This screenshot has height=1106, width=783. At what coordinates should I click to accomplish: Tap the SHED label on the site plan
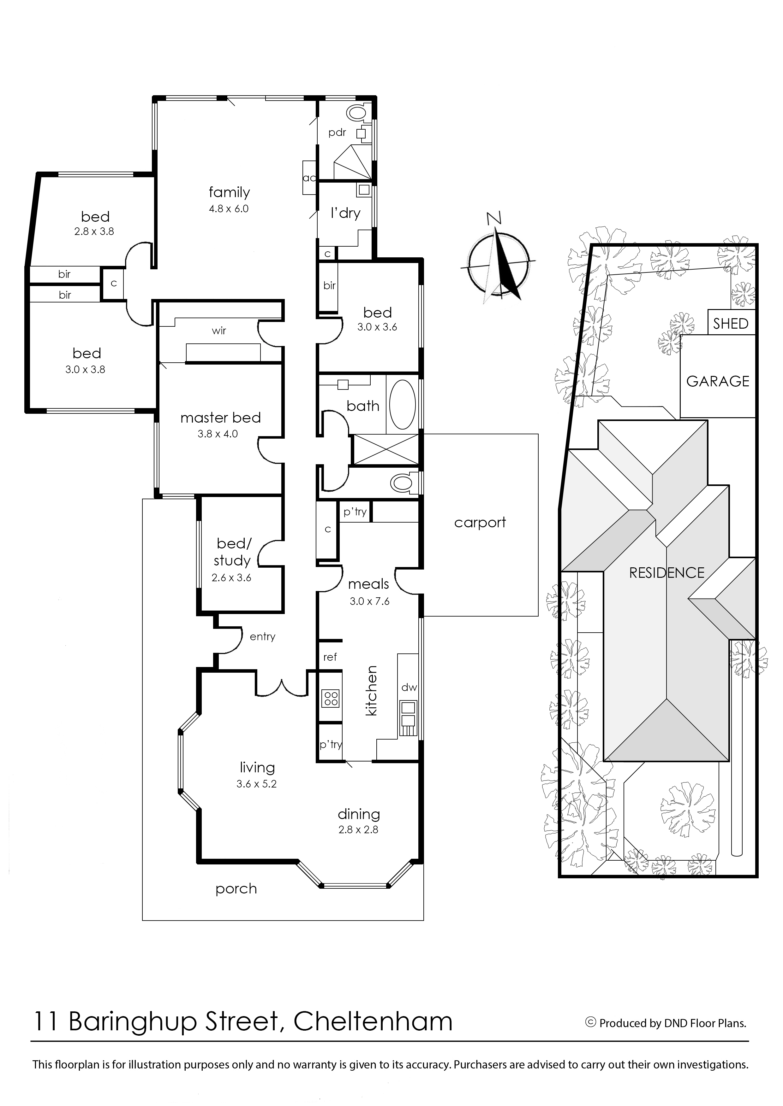tap(731, 324)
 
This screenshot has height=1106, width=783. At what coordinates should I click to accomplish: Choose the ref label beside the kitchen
tap(330, 657)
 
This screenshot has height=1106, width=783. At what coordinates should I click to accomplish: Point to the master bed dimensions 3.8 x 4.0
tap(218, 434)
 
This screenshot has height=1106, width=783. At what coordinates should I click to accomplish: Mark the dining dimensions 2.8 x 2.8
tap(358, 829)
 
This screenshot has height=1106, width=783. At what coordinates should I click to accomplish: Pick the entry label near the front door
tap(262, 637)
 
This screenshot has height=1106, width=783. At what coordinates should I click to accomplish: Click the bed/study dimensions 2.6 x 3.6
tap(231, 577)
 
